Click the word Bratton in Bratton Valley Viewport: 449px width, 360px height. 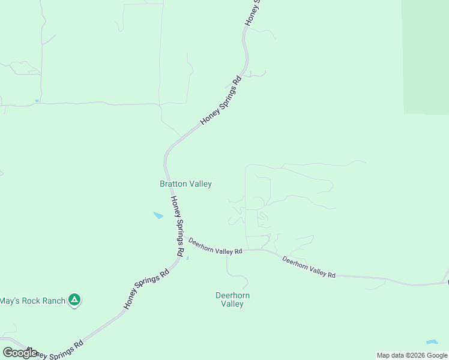pos(173,184)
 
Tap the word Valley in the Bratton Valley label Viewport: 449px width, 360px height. pos(200,184)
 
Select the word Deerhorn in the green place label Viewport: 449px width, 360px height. pos(232,295)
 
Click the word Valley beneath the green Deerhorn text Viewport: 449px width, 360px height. pos(232,304)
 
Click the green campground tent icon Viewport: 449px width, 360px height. pos(74,299)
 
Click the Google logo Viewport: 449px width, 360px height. pos(20,353)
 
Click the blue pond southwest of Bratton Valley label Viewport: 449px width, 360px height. pos(158,215)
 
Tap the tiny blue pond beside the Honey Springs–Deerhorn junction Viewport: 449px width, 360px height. pos(188,259)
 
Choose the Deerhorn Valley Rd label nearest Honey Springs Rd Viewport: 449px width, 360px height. pos(215,246)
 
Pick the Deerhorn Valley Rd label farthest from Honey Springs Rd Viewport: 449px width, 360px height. pos(309,267)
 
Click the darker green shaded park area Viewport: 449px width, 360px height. pos(426,57)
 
